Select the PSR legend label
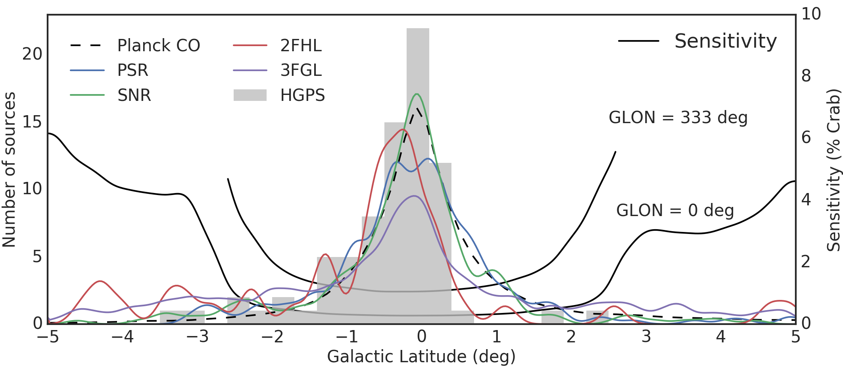(132, 70)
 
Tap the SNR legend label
(134, 95)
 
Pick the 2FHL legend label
(301, 46)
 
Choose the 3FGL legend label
(301, 70)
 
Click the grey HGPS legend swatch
(250, 95)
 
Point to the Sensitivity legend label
(725, 41)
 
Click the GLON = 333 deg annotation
(678, 118)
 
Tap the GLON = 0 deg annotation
(675, 211)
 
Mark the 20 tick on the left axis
(32, 54)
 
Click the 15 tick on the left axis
(32, 122)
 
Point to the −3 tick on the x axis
(197, 337)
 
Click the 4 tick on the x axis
(721, 337)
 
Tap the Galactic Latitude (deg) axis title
(421, 356)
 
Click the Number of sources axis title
(10, 170)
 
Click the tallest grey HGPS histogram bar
(418, 175)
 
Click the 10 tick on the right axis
(811, 14)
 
